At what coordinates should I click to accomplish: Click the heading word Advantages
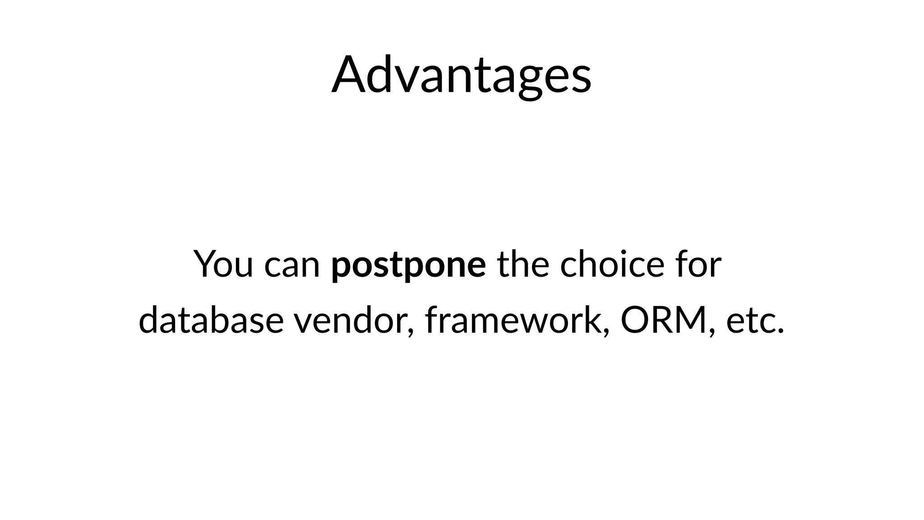tap(461, 75)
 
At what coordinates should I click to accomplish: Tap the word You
tap(223, 264)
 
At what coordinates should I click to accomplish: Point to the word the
tap(523, 264)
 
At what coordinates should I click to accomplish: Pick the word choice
tap(612, 264)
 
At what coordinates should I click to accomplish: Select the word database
tap(211, 320)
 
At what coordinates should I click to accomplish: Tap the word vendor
tap(350, 320)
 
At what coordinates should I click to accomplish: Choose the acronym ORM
tap(663, 320)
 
